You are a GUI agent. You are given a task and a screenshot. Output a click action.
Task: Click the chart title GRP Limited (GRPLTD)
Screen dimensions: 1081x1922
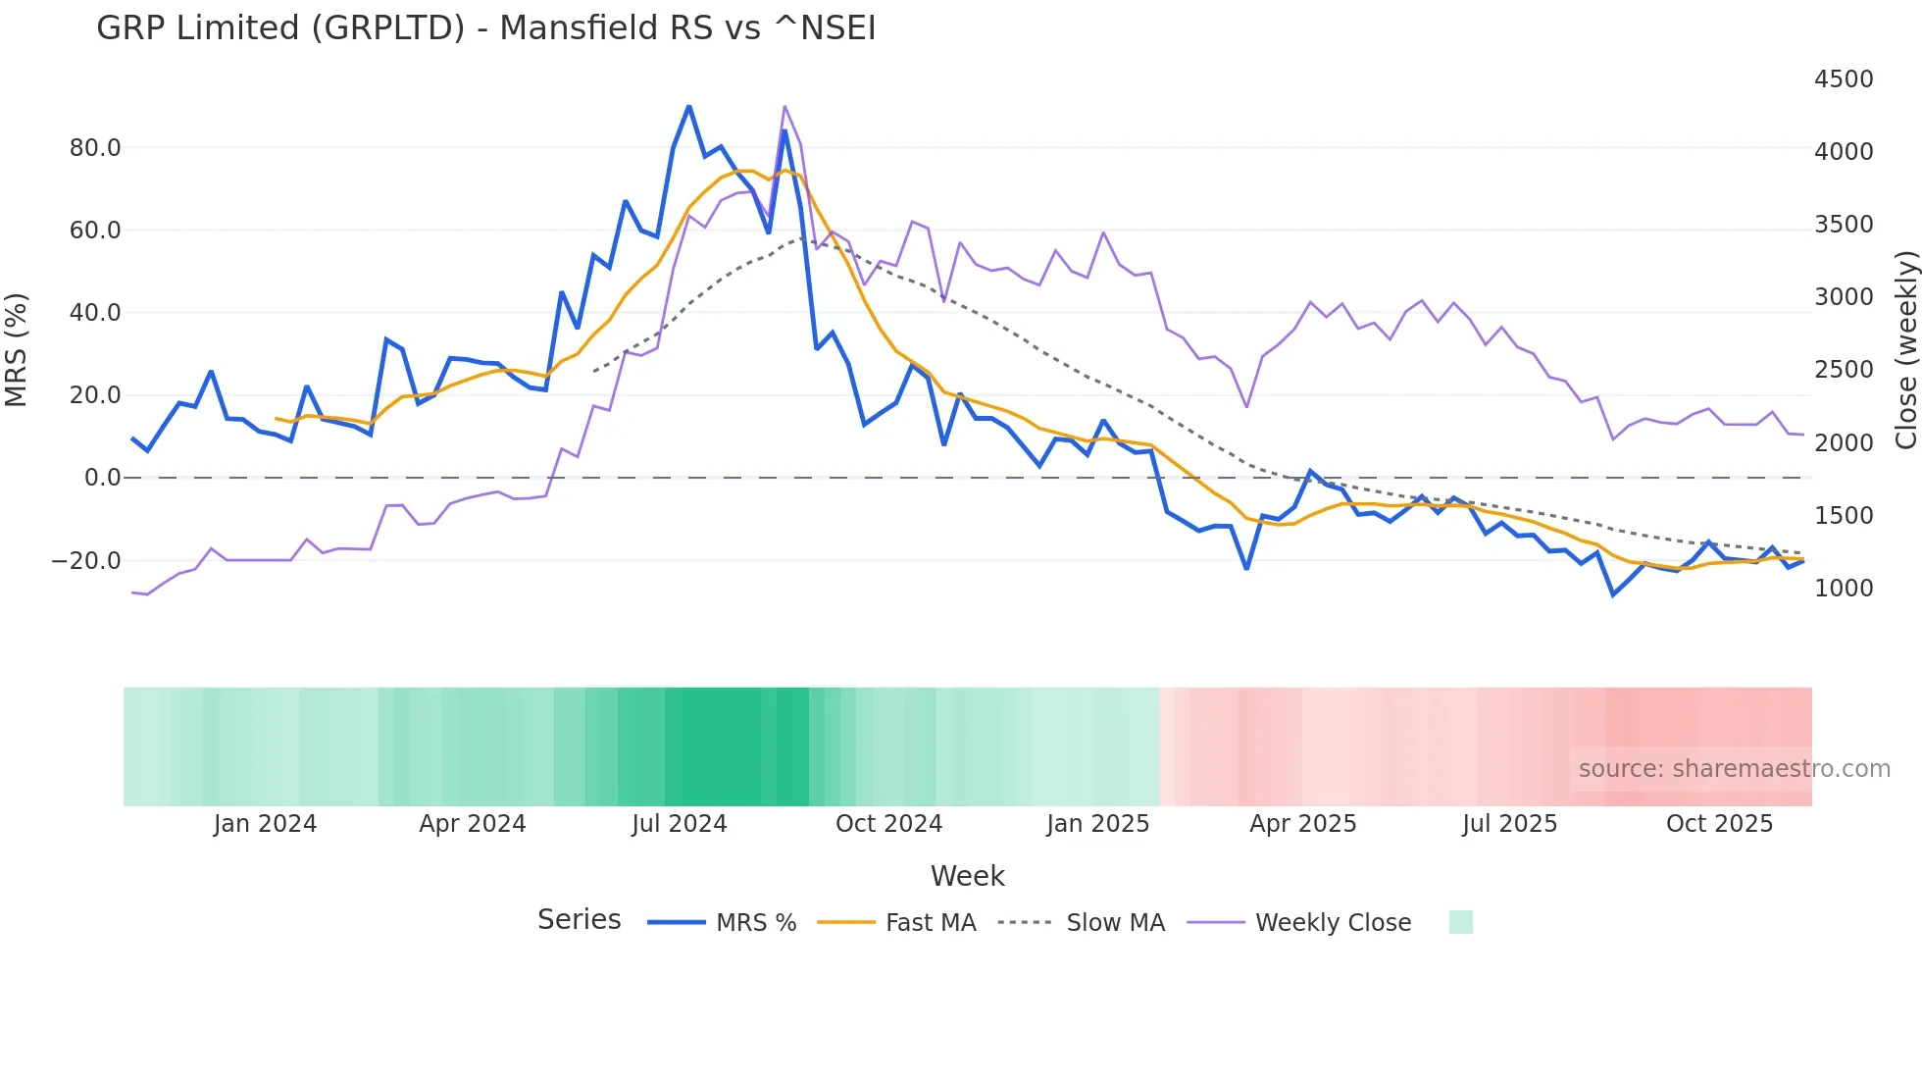485,27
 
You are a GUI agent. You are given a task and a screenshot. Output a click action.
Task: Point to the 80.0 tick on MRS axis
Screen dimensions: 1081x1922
95,148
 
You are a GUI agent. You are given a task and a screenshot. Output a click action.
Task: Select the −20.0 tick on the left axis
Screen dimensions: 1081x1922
86,561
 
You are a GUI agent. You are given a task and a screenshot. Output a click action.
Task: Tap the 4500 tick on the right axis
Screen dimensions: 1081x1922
1843,79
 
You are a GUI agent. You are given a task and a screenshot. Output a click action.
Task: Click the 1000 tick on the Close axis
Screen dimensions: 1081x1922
1843,589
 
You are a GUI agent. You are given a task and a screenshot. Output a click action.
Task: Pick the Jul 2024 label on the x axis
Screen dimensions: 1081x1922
679,824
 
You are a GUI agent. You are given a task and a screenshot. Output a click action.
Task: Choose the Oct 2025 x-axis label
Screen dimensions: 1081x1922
1718,824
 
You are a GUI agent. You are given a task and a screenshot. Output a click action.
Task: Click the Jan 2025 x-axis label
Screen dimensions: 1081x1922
1097,824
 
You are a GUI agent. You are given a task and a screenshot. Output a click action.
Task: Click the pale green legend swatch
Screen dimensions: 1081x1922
1460,922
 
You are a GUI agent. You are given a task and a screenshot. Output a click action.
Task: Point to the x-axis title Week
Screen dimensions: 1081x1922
967,876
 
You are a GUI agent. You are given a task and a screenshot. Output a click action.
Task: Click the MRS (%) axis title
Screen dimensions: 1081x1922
17,349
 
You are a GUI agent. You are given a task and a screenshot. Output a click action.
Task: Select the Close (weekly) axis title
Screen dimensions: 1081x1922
1905,349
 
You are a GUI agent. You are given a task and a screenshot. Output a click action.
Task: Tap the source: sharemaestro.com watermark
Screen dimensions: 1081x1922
1734,769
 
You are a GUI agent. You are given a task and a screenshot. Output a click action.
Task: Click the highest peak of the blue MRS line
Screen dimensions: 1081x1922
688,106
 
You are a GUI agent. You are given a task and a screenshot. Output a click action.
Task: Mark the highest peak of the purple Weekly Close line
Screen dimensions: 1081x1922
784,106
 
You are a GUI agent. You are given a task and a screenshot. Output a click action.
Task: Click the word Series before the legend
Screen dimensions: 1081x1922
579,920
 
